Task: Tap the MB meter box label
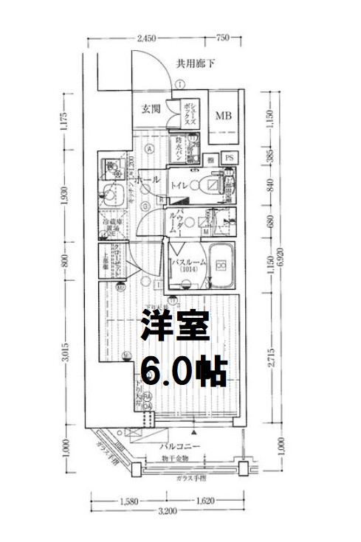[x=223, y=116]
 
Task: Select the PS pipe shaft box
[x=229, y=158]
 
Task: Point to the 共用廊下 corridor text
[x=196, y=63]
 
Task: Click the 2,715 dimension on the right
[x=272, y=355]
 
